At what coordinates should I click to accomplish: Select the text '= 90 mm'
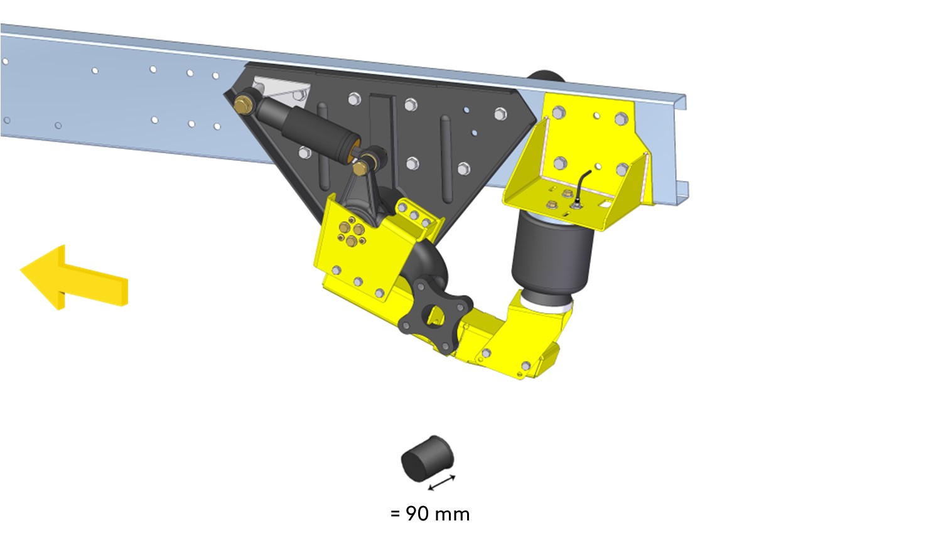click(x=430, y=514)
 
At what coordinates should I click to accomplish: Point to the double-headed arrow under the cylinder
click(x=442, y=483)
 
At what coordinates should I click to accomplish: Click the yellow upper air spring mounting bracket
click(x=584, y=157)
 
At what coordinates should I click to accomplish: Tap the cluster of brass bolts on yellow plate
click(x=352, y=233)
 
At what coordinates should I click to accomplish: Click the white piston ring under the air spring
click(x=549, y=306)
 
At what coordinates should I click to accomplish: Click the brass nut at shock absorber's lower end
click(x=360, y=169)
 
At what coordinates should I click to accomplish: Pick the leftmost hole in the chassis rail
click(x=5, y=62)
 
